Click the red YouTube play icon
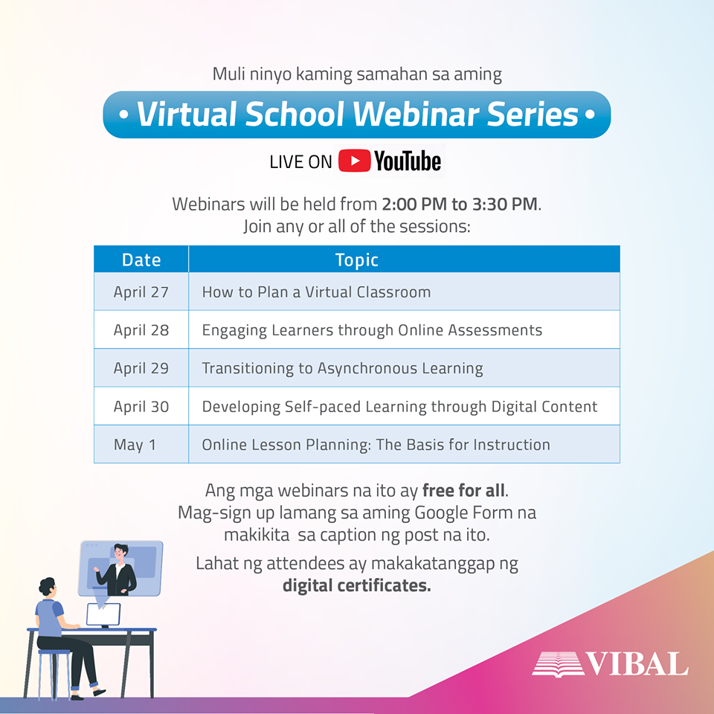[x=354, y=161]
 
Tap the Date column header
[x=141, y=260]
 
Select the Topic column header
[x=356, y=260]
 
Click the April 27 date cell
[x=141, y=292]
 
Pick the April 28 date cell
[x=141, y=330]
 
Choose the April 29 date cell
[x=141, y=368]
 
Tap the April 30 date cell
[x=141, y=407]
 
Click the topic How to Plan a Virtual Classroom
[x=317, y=292]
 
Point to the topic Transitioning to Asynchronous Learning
[x=342, y=368]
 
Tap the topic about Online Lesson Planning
[x=376, y=445]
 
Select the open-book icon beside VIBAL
[x=559, y=664]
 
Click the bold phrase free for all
[x=463, y=490]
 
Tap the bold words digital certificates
[x=356, y=585]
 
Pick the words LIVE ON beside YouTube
[x=300, y=162]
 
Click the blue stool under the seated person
[x=54, y=674]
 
